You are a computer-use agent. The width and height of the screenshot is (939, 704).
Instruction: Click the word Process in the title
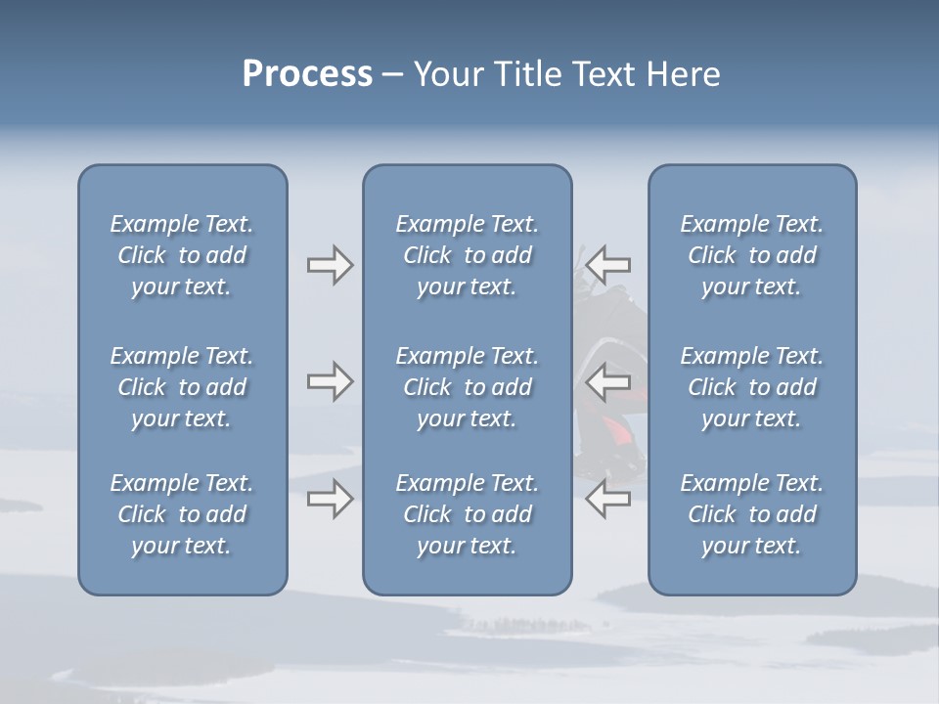(x=307, y=74)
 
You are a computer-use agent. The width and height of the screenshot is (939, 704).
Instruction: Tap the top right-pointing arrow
(x=330, y=265)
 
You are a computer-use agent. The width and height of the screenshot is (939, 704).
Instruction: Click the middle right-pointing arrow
(x=330, y=381)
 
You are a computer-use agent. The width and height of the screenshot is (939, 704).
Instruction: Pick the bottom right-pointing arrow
(x=330, y=500)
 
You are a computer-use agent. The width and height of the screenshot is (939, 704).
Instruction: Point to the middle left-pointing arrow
(x=607, y=381)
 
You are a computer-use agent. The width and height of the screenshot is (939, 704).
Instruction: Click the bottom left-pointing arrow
(x=607, y=499)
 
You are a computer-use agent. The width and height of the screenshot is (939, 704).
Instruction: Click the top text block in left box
(x=182, y=255)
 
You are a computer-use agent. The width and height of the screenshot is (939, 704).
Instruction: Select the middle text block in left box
(x=182, y=387)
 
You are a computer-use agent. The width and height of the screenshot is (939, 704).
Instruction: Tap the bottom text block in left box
(x=182, y=514)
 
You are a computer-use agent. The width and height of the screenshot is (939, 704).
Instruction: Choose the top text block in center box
(x=468, y=255)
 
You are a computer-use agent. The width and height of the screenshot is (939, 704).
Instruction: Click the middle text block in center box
(x=468, y=387)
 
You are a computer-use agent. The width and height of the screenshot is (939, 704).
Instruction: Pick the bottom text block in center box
(x=468, y=514)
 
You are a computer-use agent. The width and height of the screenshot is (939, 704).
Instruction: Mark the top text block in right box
(x=752, y=255)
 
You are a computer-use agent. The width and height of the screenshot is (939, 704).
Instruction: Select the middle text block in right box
(x=752, y=387)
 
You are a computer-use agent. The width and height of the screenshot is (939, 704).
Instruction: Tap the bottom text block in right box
(x=752, y=514)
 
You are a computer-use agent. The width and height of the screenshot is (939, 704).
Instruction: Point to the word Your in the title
(x=446, y=74)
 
